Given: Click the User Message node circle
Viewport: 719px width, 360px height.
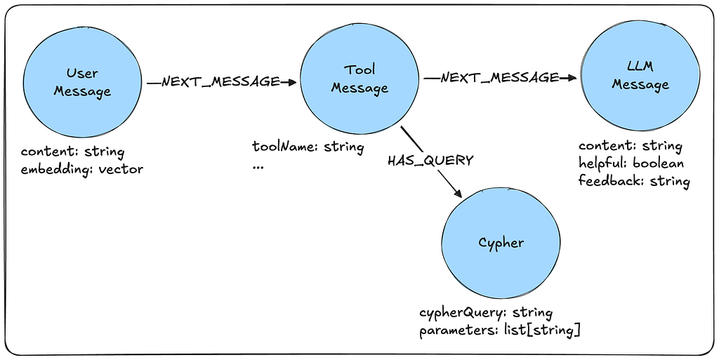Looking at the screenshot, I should tap(81, 82).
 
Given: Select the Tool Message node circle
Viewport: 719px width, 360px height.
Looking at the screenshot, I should tap(359, 79).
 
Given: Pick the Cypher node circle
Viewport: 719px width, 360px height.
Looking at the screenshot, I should tap(501, 243).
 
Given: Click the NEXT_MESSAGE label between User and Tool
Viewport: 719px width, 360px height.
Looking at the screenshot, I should tap(220, 81).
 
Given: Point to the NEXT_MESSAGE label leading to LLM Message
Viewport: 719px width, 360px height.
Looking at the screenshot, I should tap(500, 77).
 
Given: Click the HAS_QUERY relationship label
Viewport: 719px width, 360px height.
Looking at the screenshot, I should tap(430, 160).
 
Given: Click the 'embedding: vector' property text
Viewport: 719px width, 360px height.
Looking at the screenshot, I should tap(81, 168).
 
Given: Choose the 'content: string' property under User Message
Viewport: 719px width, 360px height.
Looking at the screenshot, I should tap(72, 152).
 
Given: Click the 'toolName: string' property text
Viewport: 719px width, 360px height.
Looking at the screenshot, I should tap(308, 147).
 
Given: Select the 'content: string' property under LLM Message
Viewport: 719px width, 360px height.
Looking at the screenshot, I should tap(630, 146).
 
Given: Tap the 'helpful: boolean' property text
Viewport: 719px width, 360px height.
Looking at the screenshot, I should tap(631, 163).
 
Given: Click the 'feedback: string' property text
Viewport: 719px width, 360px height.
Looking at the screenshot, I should tap(634, 180).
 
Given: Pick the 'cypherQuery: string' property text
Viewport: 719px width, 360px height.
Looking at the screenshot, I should tap(486, 312).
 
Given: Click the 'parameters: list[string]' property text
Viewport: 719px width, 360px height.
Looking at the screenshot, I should tap(499, 330).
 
